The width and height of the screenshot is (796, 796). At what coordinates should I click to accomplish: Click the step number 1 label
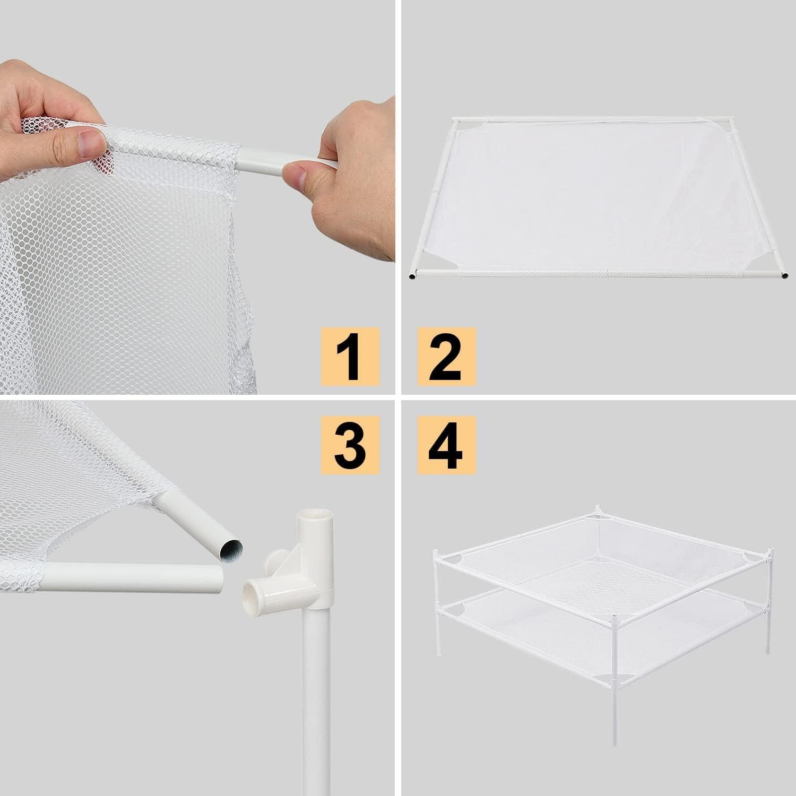click(x=350, y=356)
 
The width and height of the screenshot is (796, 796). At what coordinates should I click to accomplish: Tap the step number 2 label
click(x=447, y=356)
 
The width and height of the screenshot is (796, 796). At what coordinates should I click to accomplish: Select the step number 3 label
click(x=350, y=445)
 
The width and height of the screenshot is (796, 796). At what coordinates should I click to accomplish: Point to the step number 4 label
click(x=447, y=445)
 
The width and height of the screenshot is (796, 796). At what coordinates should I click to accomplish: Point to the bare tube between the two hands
click(x=265, y=159)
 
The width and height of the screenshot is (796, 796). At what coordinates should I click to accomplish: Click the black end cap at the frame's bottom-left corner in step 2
click(x=413, y=276)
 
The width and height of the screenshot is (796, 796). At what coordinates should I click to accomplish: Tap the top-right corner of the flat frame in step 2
click(x=731, y=122)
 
